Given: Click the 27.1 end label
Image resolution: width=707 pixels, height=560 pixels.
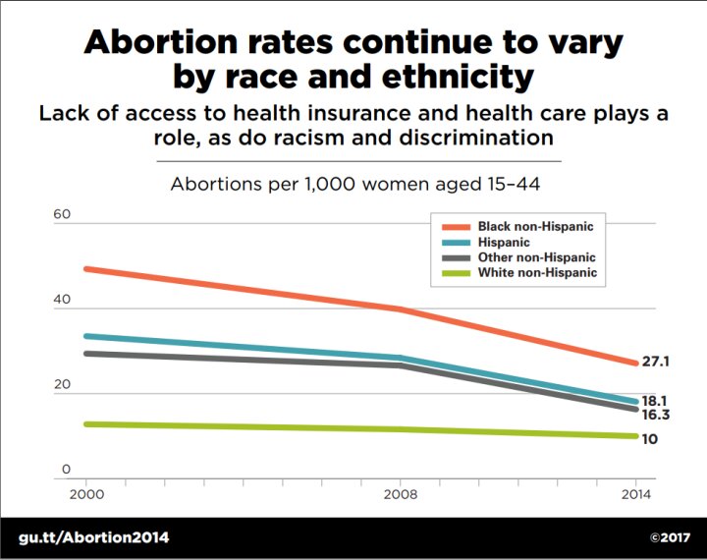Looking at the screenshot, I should (x=655, y=363).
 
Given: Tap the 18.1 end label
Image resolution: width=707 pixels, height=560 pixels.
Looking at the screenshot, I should (x=655, y=401).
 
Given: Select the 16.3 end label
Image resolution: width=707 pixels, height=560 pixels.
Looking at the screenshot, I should (x=655, y=416).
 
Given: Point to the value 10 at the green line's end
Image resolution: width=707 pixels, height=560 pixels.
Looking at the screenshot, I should (x=649, y=438).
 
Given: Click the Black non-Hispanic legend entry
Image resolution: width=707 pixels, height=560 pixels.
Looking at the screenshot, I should (x=535, y=226).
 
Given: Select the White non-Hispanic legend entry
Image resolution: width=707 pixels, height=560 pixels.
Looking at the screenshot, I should (x=537, y=273).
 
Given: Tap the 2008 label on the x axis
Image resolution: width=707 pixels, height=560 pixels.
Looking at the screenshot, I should (x=400, y=494).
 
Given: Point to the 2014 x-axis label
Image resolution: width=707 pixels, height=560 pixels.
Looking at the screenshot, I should (x=637, y=494).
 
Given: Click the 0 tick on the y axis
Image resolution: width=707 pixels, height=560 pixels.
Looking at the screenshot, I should (x=66, y=471).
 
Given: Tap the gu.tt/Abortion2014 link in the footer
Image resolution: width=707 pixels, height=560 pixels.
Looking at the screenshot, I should (x=94, y=537).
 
